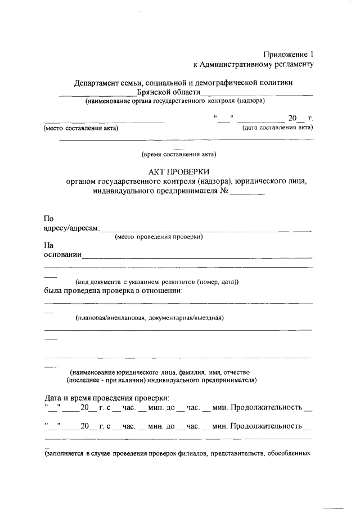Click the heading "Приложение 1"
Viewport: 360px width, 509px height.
[x=288, y=55]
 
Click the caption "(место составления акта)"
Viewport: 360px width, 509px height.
[x=80, y=128]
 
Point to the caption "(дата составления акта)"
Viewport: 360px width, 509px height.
[x=277, y=128]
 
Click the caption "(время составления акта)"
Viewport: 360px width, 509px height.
[x=178, y=154]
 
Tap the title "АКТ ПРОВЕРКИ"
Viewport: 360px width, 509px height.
[x=178, y=172]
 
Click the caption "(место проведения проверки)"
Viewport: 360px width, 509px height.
[x=159, y=237]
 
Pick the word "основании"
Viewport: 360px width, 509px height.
[x=62, y=255]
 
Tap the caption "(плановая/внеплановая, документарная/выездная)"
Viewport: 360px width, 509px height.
[x=150, y=318]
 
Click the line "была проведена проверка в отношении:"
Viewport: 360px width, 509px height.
[x=113, y=291]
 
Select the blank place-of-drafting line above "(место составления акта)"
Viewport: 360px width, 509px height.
[x=104, y=121]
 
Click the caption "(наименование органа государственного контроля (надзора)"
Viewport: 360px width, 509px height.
[x=175, y=102]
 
